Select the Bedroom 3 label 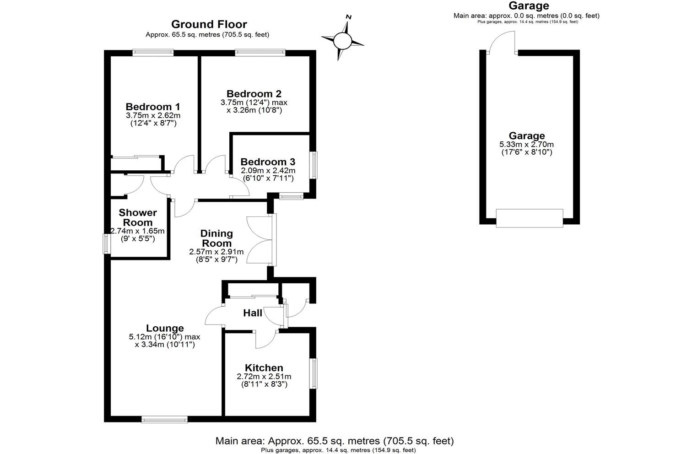tap(267, 162)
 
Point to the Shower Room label tap(138, 217)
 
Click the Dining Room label tap(216, 238)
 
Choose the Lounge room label tap(165, 328)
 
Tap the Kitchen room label tap(264, 368)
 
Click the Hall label tap(253, 313)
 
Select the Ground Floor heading tap(209, 24)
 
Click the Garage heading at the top tap(529, 6)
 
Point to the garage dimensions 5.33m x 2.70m tap(527, 145)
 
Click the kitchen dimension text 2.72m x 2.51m tap(264, 377)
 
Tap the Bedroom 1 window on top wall tap(153, 53)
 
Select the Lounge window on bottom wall tap(164, 419)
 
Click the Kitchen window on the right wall tap(313, 373)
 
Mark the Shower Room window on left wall tap(107, 243)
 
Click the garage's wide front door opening tap(530, 218)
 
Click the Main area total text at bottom tap(335, 441)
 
